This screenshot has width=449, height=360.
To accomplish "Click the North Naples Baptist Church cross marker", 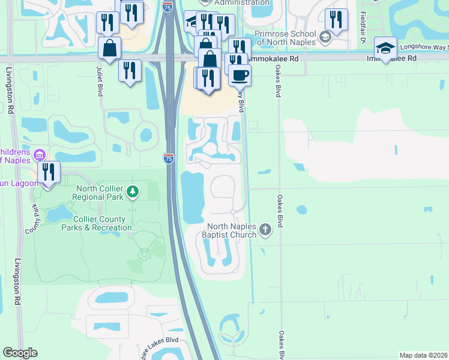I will (x=265, y=229).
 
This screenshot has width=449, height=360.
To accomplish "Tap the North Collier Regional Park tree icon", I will (x=133, y=193).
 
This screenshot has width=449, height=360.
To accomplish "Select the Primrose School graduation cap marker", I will (x=325, y=37).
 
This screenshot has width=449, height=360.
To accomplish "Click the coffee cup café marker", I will (x=240, y=75).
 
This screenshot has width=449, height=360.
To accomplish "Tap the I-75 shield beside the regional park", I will (x=169, y=158).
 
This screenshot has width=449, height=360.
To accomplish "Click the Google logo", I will (x=20, y=353).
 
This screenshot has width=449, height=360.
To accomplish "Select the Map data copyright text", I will (x=424, y=355).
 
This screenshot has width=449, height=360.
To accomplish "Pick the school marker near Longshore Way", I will (x=385, y=47).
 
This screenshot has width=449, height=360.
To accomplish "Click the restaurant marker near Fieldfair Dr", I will (x=336, y=19).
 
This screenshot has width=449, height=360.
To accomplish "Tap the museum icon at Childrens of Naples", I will (x=40, y=155).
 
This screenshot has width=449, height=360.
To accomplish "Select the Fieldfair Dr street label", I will (x=363, y=22).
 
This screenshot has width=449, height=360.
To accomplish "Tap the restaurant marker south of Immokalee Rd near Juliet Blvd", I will (x=130, y=70).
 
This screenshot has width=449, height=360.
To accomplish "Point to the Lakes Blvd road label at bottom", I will (x=157, y=340).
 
